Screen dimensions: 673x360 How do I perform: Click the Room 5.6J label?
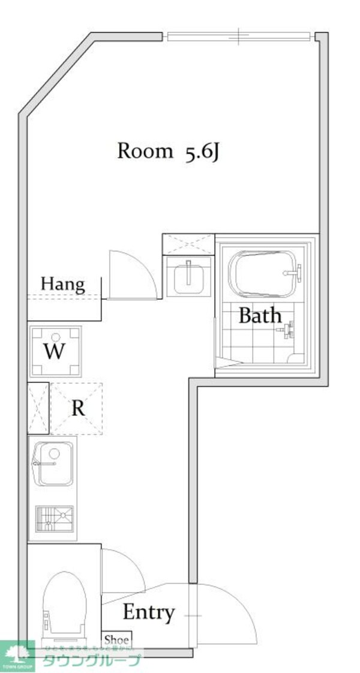click(x=169, y=152)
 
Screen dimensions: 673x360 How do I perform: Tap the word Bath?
click(x=260, y=315)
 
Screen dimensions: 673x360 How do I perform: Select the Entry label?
click(x=149, y=612)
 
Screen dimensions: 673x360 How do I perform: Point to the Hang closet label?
click(x=62, y=284)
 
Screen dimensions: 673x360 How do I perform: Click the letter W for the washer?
click(x=55, y=351)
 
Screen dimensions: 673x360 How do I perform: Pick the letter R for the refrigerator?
click(x=78, y=408)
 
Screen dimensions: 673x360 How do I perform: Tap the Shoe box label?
click(x=116, y=640)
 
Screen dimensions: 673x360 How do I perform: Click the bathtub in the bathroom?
click(x=264, y=275)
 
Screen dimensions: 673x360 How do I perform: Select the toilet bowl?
click(x=65, y=603)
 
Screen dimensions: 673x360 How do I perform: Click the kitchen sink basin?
click(x=55, y=463)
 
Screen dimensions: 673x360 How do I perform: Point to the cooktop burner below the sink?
click(x=55, y=518)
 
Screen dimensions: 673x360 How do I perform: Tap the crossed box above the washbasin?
click(x=188, y=244)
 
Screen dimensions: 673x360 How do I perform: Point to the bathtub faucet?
click(x=292, y=273)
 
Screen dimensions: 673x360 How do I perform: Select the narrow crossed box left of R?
click(x=38, y=408)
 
